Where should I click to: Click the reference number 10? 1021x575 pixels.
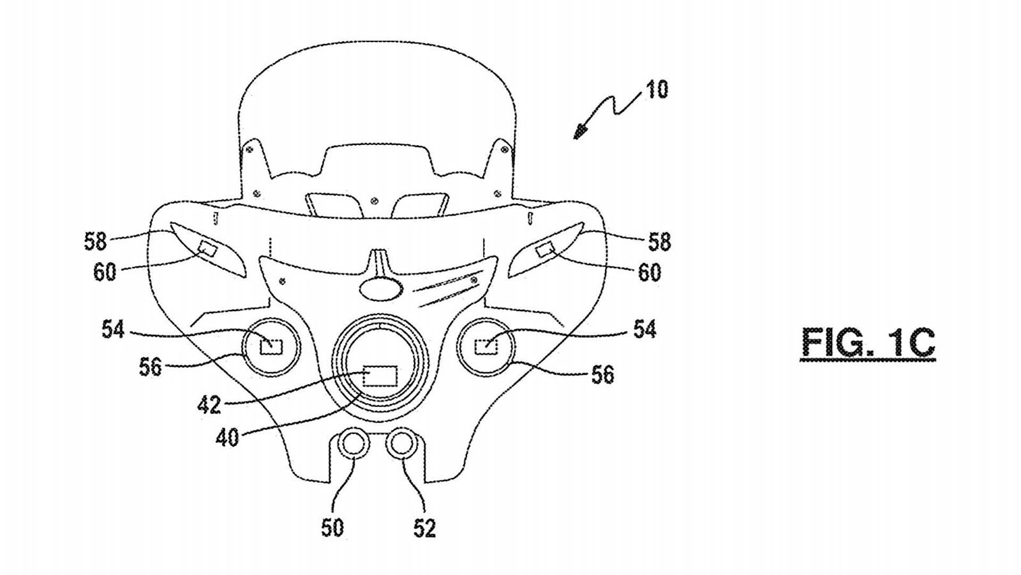(656, 89)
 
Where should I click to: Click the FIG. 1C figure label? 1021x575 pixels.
(868, 342)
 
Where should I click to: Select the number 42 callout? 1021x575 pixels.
(209, 404)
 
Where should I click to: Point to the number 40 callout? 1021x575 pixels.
(227, 438)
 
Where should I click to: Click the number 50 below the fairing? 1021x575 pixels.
(332, 528)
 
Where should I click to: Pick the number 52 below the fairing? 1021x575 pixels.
(424, 528)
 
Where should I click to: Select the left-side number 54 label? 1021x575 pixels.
(114, 330)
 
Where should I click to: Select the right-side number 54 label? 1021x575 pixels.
(645, 330)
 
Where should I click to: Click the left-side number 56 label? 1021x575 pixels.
(151, 367)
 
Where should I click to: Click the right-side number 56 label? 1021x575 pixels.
(602, 374)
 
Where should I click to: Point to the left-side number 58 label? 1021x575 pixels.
(96, 241)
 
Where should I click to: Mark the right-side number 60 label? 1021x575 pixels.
(650, 273)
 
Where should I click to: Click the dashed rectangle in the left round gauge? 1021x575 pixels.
(271, 346)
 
